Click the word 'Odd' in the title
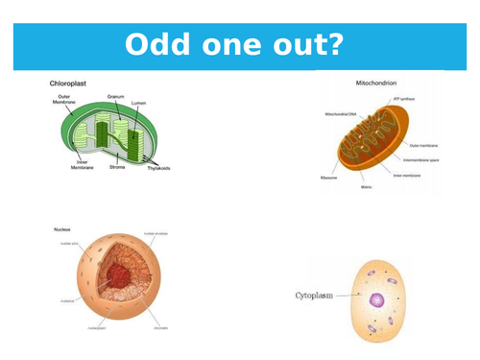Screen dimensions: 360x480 tap(159, 46)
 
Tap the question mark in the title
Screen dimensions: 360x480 tap(343, 46)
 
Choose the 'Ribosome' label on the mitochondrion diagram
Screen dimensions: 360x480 tap(329, 178)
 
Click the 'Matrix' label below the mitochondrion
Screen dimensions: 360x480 tap(366, 186)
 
